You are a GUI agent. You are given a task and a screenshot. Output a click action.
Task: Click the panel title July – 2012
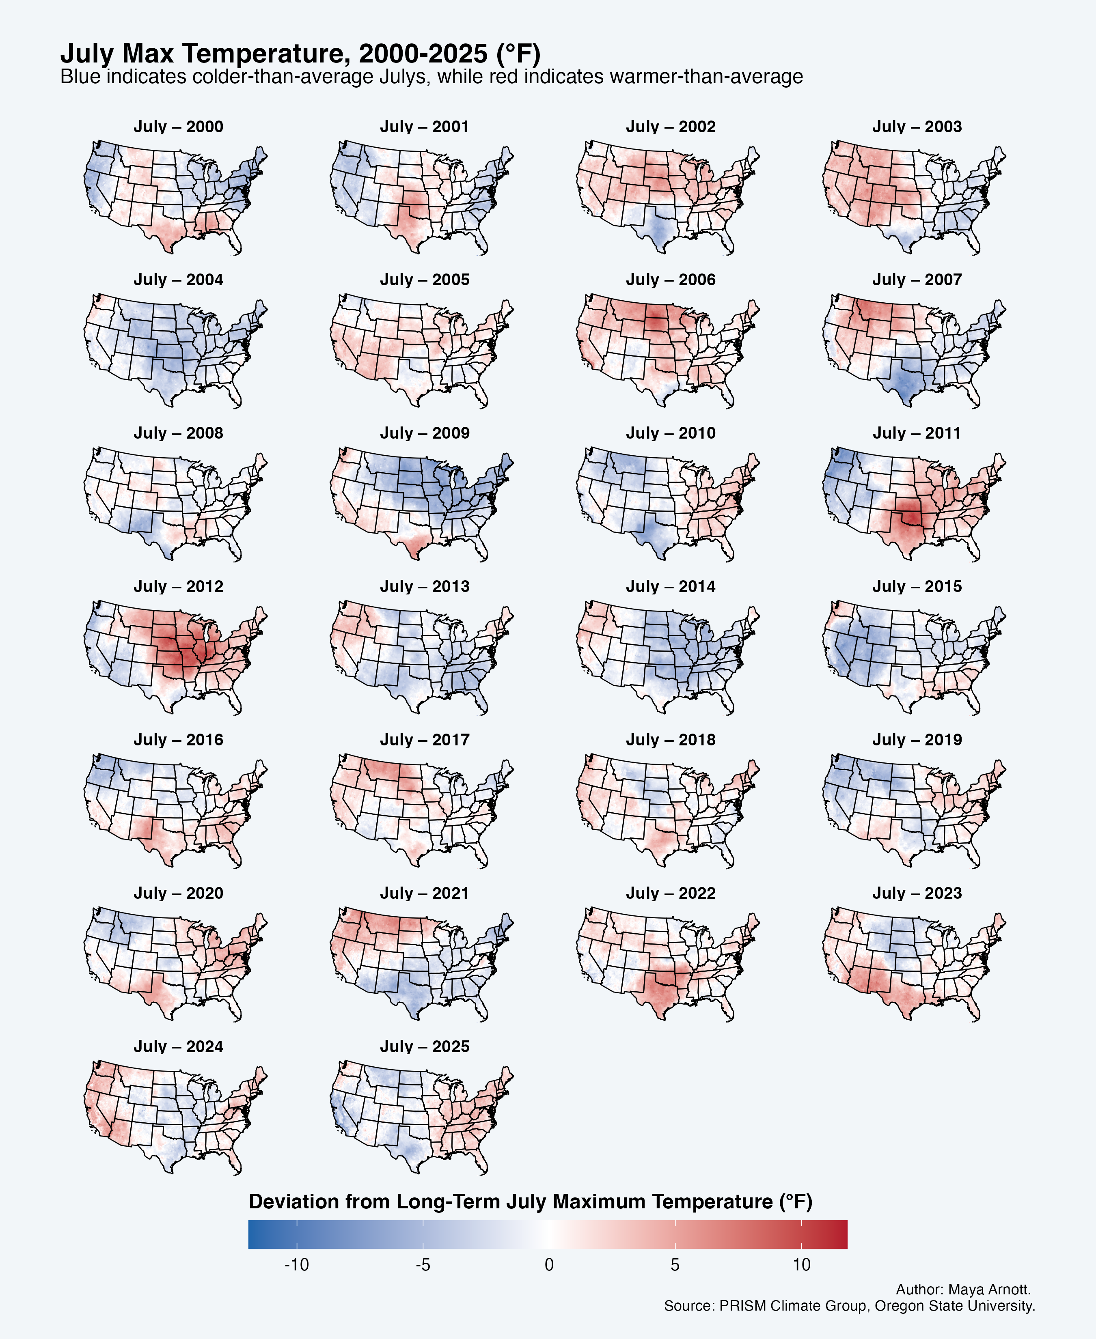(178, 586)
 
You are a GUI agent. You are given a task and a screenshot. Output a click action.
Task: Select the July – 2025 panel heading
(424, 1046)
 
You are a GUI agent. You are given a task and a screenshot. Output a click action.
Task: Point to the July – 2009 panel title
(424, 433)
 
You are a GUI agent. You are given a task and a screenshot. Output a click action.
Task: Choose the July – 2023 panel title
(917, 893)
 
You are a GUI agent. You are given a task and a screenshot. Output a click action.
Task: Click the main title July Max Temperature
(300, 54)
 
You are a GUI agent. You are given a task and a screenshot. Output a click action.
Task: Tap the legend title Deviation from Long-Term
(530, 1201)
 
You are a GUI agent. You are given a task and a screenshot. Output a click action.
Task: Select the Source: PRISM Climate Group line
(849, 1306)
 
